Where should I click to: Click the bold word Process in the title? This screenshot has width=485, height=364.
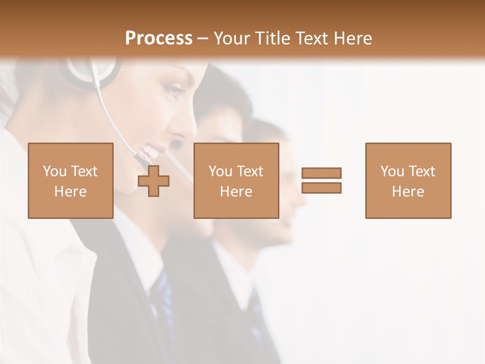[159, 38]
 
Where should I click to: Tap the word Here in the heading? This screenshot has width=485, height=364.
[352, 38]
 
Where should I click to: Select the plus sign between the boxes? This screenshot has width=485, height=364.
[154, 181]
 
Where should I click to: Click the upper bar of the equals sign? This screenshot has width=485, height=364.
[321, 173]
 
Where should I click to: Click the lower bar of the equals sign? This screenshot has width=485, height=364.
[321, 188]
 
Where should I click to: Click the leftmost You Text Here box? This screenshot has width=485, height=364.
[70, 180]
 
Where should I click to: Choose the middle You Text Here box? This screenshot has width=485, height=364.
[236, 180]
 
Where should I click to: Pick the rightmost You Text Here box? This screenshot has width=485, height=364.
[408, 180]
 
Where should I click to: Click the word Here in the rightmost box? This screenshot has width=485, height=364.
[408, 192]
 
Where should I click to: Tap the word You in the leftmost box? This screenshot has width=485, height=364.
[55, 171]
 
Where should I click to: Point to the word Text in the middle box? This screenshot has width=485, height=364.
[250, 171]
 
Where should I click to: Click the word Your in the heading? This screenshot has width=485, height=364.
[231, 38]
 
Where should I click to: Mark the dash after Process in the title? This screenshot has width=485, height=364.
[203, 38]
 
